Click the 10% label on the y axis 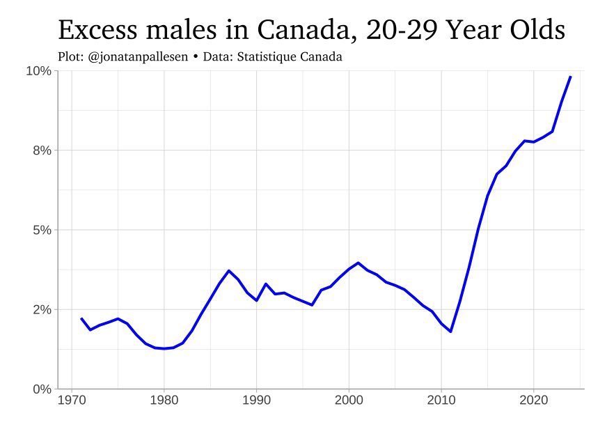click(x=39, y=71)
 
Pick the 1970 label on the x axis click(x=72, y=402)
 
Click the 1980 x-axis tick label click(x=164, y=402)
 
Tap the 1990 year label click(x=256, y=402)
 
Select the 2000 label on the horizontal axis click(x=349, y=402)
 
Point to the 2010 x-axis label click(x=441, y=402)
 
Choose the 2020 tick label click(x=534, y=402)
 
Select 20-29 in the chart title click(x=397, y=31)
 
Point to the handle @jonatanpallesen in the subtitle click(x=139, y=56)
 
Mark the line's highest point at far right click(x=571, y=77)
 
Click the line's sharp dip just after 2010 click(x=450, y=332)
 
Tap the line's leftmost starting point click(x=81, y=318)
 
